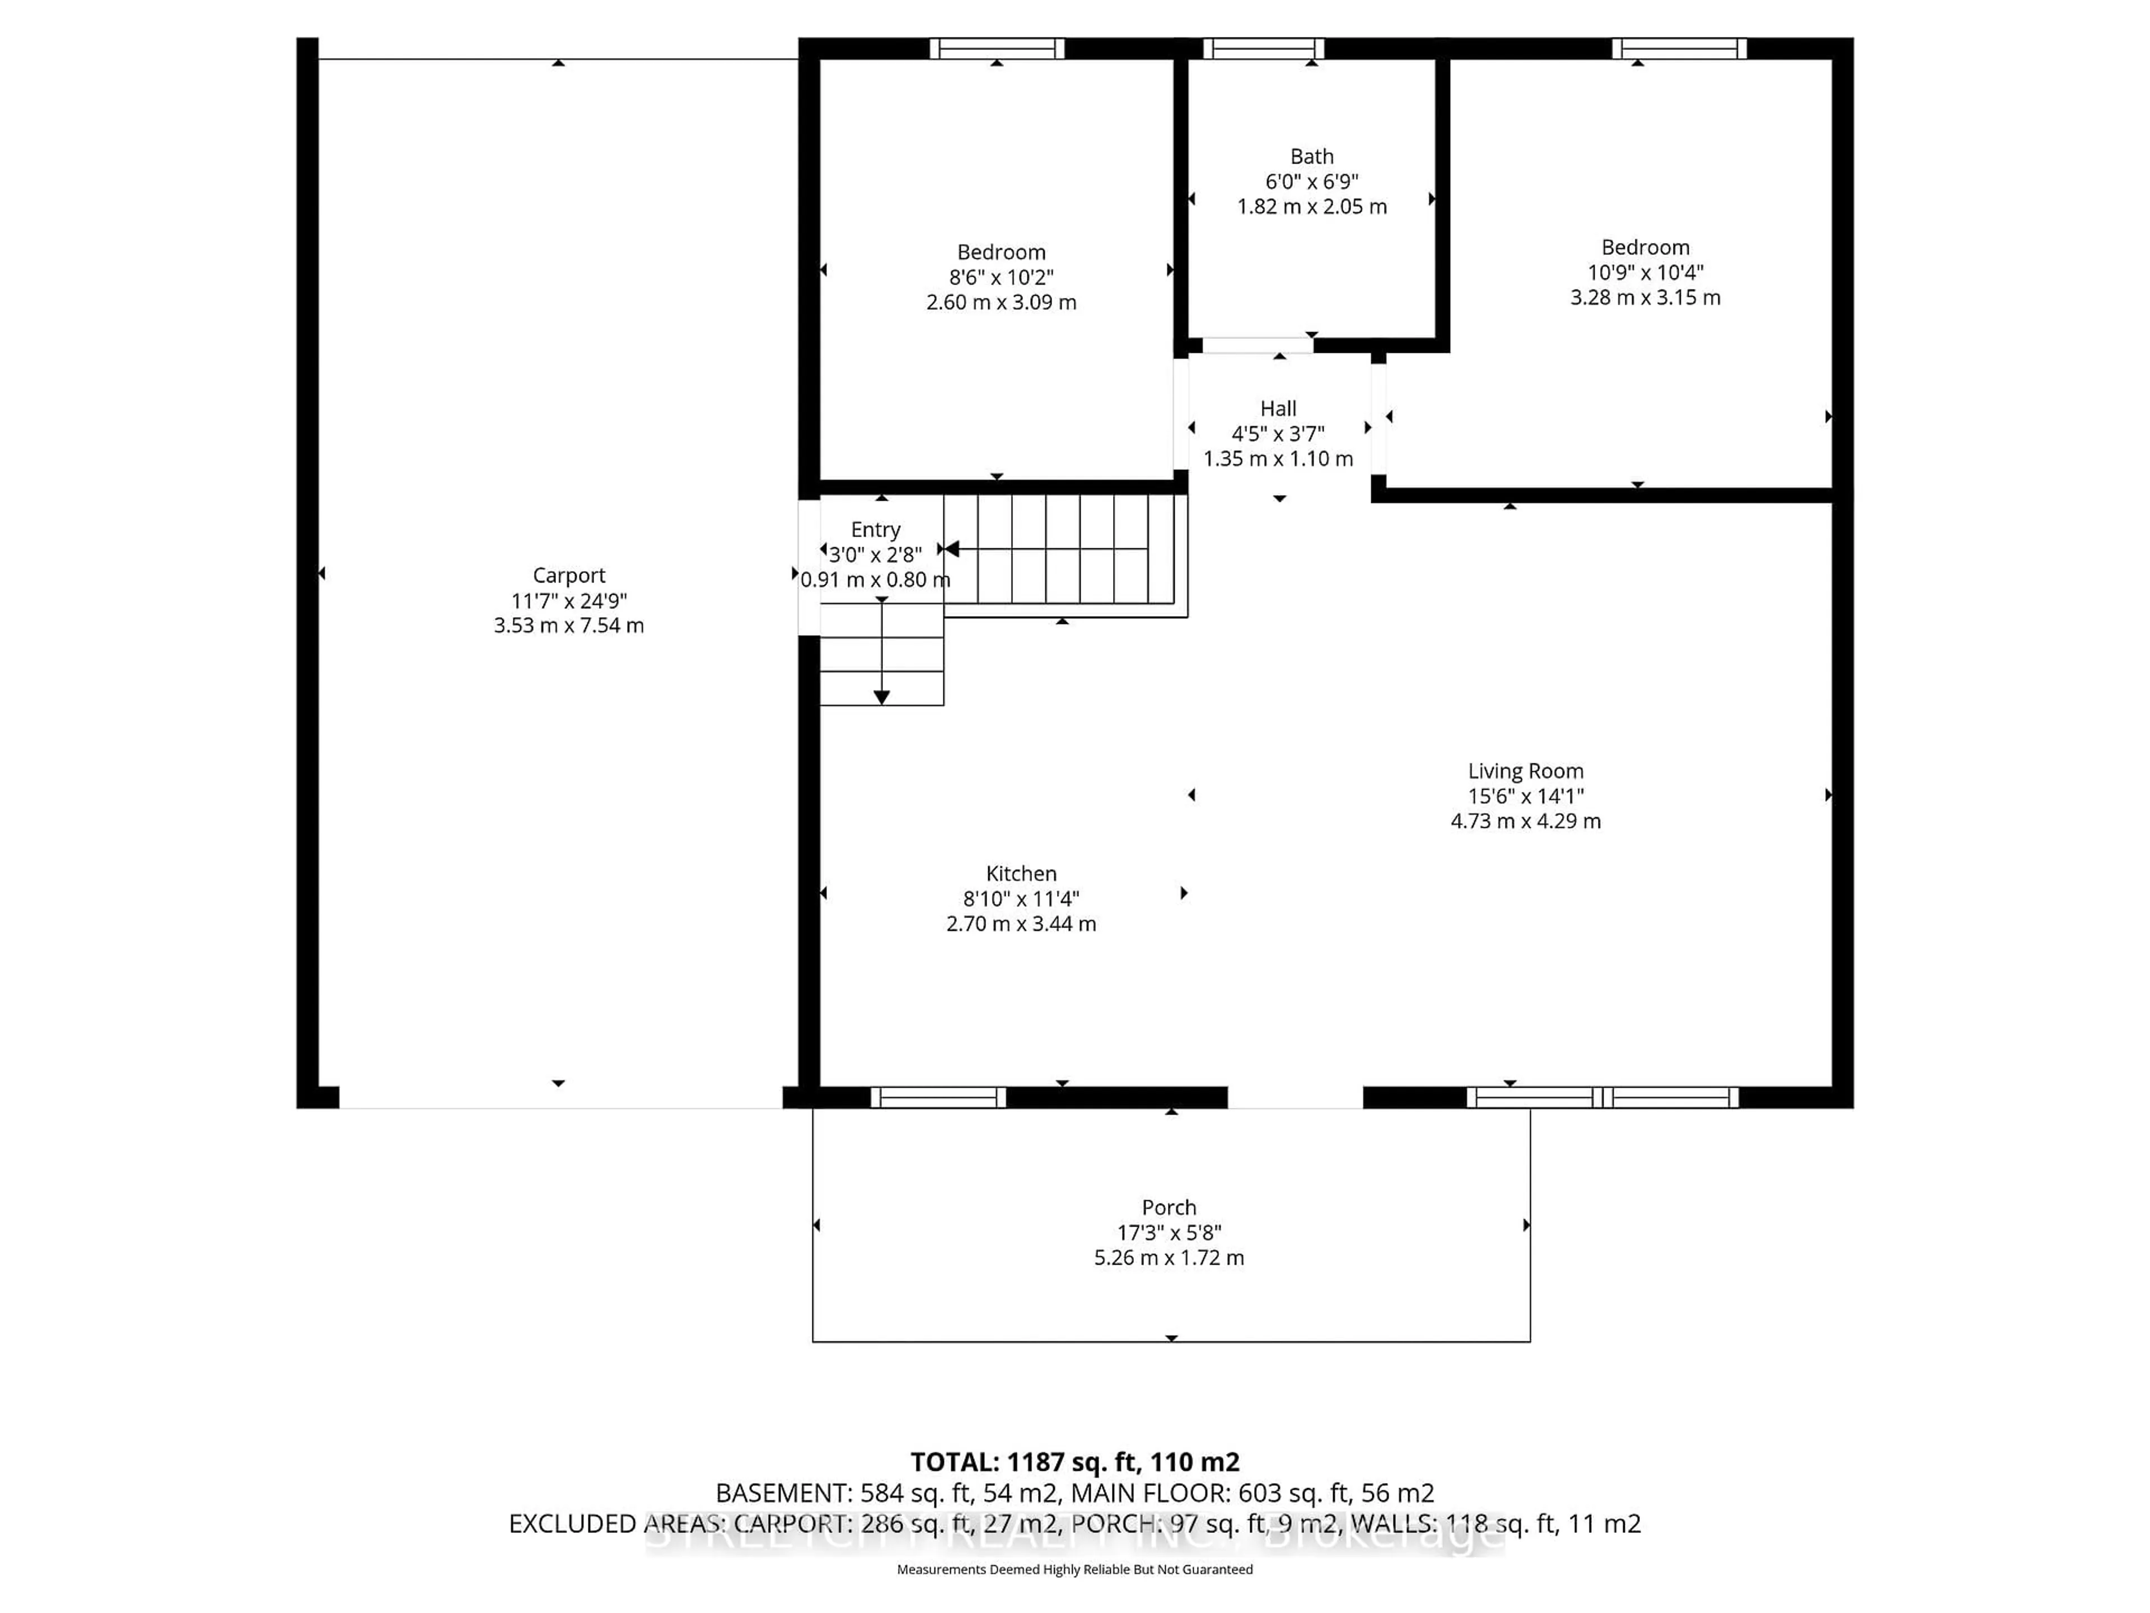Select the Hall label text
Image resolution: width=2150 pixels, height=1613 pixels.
tap(1278, 408)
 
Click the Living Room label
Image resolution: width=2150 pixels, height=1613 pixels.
tap(1525, 771)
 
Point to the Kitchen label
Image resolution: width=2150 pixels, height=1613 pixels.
tap(1021, 873)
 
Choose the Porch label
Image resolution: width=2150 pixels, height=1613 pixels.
tap(1169, 1208)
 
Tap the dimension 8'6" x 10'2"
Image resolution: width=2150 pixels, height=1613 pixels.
tap(1001, 277)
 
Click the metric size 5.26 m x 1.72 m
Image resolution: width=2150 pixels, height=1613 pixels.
tap(1169, 1257)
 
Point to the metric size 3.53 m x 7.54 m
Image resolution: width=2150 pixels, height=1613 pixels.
tap(569, 625)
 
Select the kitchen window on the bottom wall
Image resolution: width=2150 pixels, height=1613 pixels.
tap(938, 1098)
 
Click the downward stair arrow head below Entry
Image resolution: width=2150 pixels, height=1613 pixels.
tap(882, 697)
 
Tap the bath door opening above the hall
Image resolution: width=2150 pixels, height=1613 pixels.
tap(1257, 345)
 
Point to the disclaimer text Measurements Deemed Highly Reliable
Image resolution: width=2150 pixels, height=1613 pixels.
tap(1074, 1569)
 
